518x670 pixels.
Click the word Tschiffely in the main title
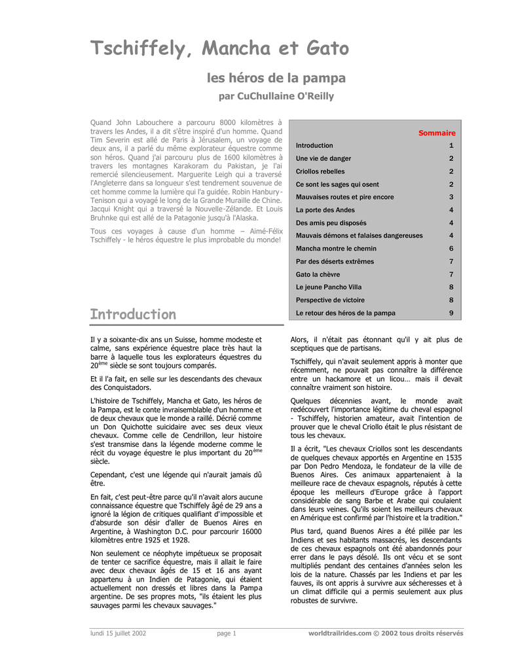point(137,49)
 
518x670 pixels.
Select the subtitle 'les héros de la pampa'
point(276,79)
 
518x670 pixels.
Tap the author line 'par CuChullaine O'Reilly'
point(276,96)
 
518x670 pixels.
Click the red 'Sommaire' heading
point(437,133)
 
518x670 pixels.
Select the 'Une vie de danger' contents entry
point(324,158)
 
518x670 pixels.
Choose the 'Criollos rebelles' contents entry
point(320,171)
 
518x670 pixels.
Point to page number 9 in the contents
point(451,313)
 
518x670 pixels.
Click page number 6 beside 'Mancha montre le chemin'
point(451,249)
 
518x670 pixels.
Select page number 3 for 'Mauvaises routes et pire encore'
point(451,197)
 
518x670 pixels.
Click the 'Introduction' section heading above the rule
point(133,314)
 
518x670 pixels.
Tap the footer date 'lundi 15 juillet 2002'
point(118,633)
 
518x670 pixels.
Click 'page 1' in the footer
point(227,633)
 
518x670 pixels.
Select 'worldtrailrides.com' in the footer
point(340,633)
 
